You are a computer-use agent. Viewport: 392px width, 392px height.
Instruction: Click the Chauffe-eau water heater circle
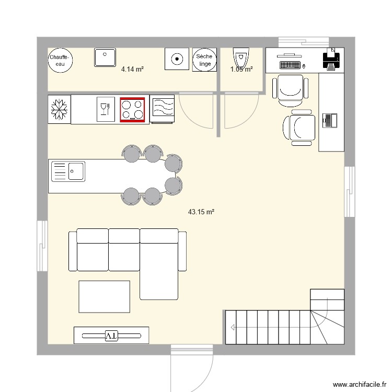point(61,60)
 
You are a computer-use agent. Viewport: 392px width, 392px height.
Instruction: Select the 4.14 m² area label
point(132,69)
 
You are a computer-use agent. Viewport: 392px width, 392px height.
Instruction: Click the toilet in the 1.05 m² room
point(240,57)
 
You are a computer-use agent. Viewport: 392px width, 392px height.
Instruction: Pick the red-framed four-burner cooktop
point(133,109)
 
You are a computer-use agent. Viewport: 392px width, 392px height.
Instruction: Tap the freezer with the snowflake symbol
point(59,109)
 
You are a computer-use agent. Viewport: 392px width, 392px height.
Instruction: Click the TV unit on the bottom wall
point(111,336)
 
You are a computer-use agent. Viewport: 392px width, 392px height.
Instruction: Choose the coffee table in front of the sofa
point(104,296)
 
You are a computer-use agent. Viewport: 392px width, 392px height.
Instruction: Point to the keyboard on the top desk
point(291,66)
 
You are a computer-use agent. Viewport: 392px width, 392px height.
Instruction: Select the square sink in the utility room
point(105,57)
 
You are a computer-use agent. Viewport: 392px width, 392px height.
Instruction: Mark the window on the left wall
point(42,246)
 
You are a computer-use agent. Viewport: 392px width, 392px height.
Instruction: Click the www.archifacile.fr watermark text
point(359,384)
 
